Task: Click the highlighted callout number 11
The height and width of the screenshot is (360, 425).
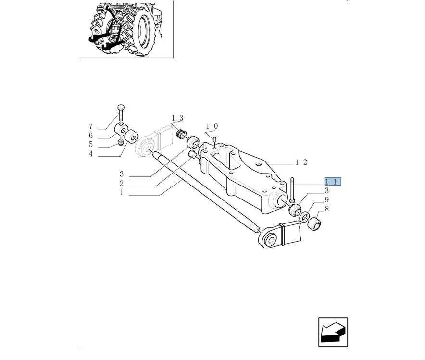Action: point(333,182)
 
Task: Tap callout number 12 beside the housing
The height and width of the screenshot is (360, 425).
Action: point(301,162)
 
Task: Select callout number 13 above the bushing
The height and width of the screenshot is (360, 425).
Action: point(177,118)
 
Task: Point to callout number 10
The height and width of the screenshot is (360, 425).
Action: point(212,126)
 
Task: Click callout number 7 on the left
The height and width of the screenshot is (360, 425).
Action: point(91,126)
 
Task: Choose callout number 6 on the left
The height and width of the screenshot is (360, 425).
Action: point(91,136)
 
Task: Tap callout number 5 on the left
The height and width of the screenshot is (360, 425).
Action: point(91,144)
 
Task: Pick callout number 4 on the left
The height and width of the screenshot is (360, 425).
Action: point(91,154)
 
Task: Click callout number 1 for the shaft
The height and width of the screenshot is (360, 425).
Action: point(122,193)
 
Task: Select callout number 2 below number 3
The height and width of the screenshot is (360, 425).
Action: point(122,184)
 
